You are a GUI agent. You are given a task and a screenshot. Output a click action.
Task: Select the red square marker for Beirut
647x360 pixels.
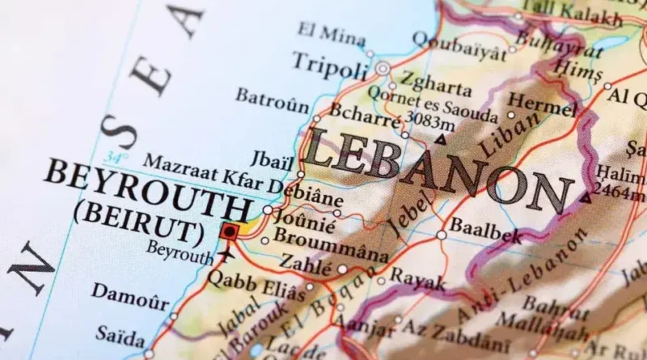click(229, 231)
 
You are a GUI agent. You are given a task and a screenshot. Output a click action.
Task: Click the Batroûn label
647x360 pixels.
click(272, 100)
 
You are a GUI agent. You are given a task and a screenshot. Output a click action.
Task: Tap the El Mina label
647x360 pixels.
click(332, 32)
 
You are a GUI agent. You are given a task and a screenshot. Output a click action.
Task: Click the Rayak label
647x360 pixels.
click(417, 280)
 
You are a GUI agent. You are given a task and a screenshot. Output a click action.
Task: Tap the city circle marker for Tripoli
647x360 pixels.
click(383, 69)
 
